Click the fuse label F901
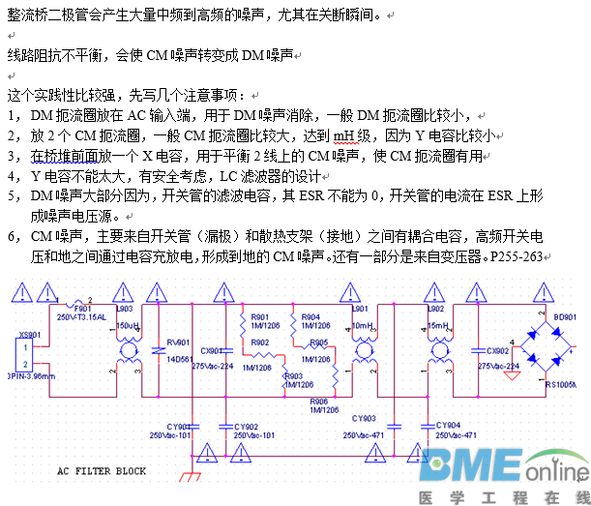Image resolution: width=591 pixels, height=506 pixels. [x=83, y=308]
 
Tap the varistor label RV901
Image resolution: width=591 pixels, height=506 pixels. [x=178, y=342]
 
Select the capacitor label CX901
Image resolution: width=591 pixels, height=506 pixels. [x=211, y=350]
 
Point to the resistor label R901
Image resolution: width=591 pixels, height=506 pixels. [x=260, y=316]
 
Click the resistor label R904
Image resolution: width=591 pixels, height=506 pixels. [x=310, y=316]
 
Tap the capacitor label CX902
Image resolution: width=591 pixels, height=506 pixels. [x=497, y=351]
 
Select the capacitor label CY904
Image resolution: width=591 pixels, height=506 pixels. [x=448, y=425]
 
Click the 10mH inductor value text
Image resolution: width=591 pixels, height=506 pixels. [x=362, y=326]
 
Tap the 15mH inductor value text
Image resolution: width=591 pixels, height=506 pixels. [x=438, y=326]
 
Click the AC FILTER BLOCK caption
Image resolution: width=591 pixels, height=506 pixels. [x=101, y=471]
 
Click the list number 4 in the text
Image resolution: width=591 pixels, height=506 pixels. [x=11, y=176]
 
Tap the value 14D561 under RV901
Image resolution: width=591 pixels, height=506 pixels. [x=180, y=359]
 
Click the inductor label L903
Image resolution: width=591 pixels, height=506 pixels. [x=124, y=309]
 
